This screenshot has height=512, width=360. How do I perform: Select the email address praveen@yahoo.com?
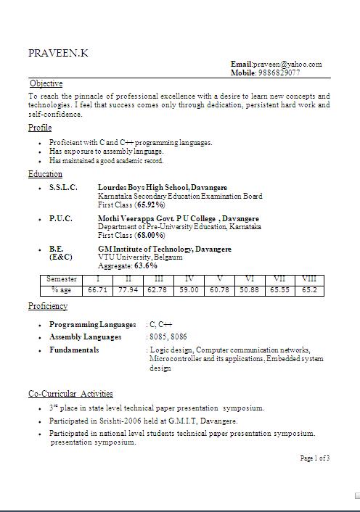(287, 65)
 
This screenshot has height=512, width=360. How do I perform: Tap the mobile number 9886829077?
(279, 73)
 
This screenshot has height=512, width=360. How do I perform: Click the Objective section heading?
(46, 83)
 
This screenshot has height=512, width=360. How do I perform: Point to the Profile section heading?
(40, 128)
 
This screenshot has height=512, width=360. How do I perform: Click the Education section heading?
(45, 174)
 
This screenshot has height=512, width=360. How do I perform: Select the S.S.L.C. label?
(63, 188)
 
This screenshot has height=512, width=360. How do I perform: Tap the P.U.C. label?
(61, 218)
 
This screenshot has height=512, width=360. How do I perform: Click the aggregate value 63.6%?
(145, 266)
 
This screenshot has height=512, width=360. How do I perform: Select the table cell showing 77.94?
(128, 290)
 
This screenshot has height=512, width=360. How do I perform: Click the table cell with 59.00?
(189, 290)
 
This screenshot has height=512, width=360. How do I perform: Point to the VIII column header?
(309, 279)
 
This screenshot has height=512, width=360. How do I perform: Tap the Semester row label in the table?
(61, 279)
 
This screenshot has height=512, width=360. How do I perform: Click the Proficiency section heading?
(48, 306)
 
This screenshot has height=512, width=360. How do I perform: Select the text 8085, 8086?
(167, 337)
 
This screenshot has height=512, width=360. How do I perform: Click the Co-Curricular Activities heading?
(70, 394)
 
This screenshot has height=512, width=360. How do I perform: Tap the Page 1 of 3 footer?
(315, 458)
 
